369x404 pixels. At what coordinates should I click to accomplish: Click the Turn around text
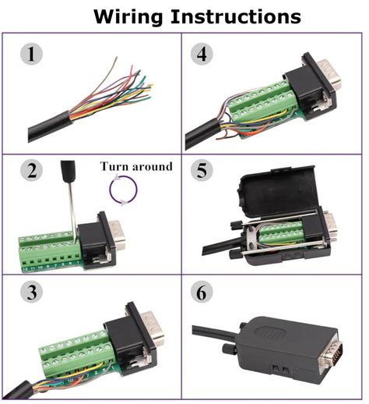coord(135,167)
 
